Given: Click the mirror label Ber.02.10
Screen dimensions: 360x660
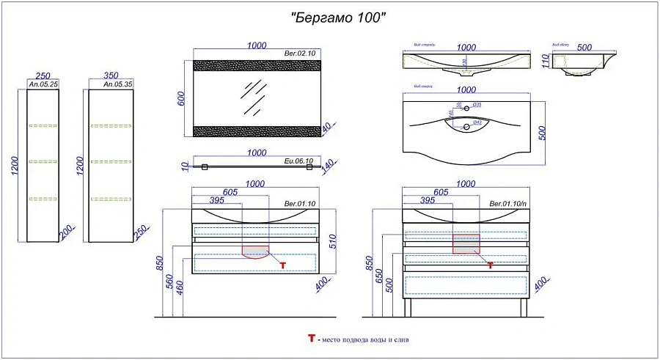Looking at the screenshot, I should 299,54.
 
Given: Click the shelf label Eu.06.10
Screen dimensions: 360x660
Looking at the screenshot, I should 298,161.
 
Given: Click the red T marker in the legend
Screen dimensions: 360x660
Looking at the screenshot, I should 311,339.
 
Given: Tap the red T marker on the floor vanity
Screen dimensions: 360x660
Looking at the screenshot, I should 490,265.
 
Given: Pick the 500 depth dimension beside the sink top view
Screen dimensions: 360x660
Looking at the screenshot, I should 543,132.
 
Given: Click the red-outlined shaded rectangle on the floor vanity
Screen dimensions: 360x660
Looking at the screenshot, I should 466,243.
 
